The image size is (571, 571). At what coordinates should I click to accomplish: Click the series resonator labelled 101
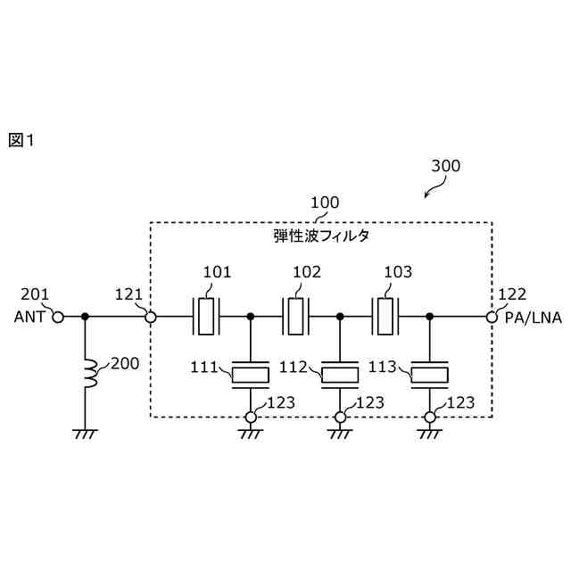coord(206,316)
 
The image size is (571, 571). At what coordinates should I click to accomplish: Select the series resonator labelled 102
coord(296,316)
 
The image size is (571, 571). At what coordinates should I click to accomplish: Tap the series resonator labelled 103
coord(385,316)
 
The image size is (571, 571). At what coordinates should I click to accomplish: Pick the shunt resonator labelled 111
coord(250,374)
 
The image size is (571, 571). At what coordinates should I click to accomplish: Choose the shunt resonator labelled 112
coord(340,374)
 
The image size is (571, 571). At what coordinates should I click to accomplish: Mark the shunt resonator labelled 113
coord(430,374)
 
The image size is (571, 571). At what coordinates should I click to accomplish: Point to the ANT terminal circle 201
coord(59,317)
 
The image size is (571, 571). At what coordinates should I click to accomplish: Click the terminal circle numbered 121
coord(151,317)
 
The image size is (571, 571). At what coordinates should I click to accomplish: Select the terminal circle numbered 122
coord(492,317)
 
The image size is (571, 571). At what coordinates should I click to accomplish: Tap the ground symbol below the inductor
coord(86,434)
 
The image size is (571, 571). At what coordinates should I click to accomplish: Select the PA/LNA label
coord(534,318)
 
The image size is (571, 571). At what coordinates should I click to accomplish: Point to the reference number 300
coord(445,166)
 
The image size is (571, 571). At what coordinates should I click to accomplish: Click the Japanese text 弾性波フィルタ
coord(321,237)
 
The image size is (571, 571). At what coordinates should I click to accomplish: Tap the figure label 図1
coord(21,140)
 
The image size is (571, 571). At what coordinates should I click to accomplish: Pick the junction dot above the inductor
coord(86,317)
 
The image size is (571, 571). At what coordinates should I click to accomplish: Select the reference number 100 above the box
coord(324,203)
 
